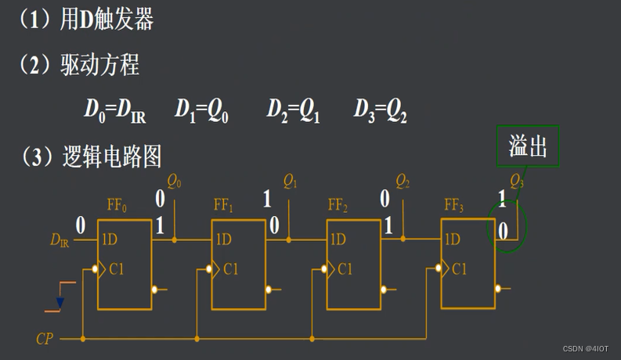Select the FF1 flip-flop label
[224, 207]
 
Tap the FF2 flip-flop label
[338, 207]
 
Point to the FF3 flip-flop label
[454, 207]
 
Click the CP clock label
[45, 340]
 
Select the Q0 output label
[175, 183]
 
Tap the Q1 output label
[291, 183]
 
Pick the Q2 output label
[403, 183]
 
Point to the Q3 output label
[518, 182]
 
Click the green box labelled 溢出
[528, 146]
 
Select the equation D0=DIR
[115, 110]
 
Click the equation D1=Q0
[201, 110]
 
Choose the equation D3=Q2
[381, 110]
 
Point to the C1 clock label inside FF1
[230, 269]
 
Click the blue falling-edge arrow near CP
[60, 302]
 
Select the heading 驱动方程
[99, 64]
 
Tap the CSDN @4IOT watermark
[586, 348]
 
